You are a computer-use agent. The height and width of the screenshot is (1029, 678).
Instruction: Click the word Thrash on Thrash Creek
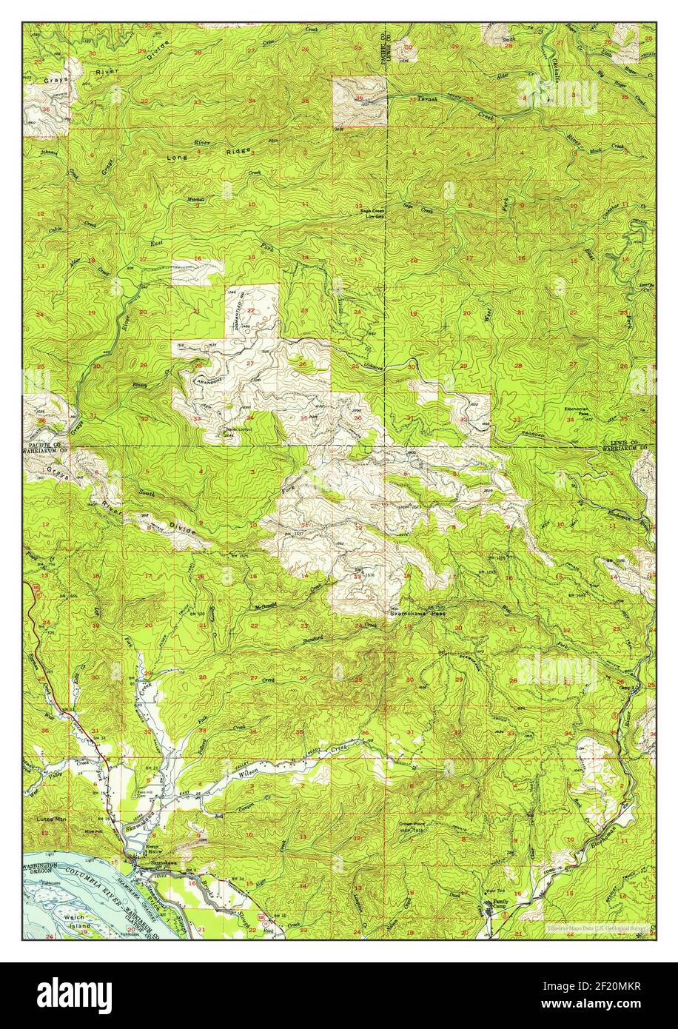point(428,99)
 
